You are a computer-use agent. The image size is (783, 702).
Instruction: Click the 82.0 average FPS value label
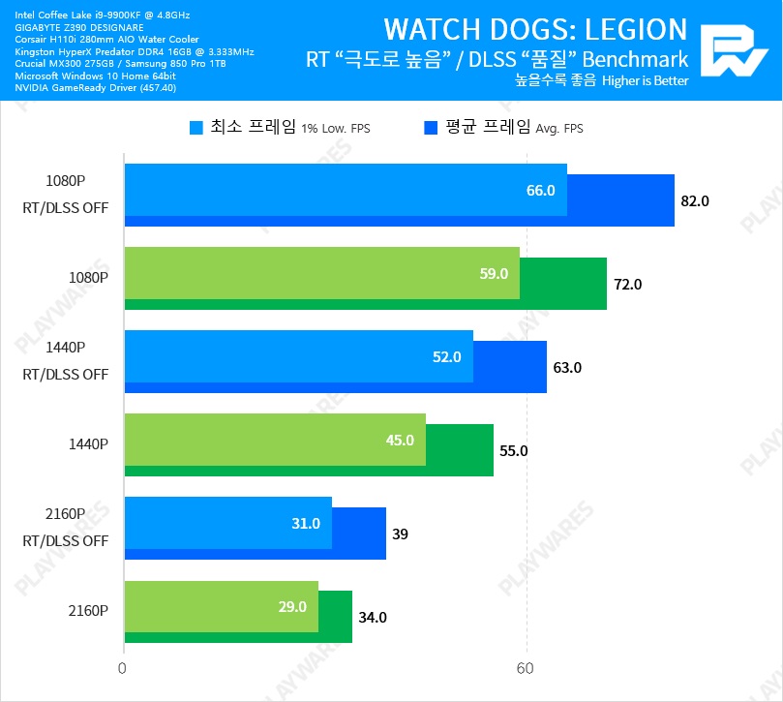695,201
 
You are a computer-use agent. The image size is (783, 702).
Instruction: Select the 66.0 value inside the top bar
540,191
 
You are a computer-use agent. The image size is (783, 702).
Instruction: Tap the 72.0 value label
627,285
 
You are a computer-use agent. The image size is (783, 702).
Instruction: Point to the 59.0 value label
494,274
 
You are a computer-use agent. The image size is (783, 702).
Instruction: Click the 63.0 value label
567,368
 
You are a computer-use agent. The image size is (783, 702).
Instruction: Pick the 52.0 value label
446,357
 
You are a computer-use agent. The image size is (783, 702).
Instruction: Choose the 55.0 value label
513,451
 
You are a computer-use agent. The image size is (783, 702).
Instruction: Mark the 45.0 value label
400,441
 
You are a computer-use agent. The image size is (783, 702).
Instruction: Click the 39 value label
401,534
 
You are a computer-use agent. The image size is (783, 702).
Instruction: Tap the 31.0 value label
306,524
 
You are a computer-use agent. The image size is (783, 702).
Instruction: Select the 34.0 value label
373,618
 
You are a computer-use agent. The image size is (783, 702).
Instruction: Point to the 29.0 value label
292,607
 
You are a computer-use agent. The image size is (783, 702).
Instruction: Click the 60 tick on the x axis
526,669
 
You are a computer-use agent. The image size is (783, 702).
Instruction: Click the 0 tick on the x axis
122,669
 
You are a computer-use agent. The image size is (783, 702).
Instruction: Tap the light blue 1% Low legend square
196,128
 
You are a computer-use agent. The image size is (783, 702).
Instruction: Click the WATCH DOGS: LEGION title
535,29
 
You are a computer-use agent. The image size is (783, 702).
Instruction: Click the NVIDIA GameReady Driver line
96,88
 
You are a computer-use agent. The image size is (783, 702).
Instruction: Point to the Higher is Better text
645,81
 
